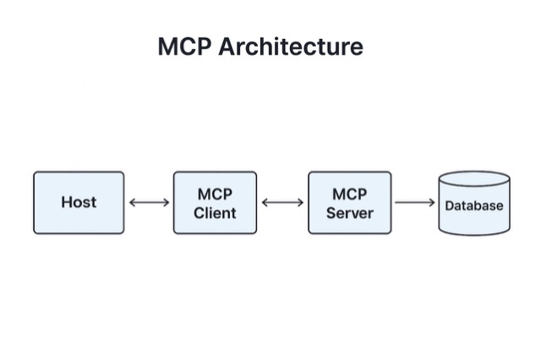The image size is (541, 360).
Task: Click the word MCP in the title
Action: (184, 46)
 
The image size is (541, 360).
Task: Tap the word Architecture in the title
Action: (290, 46)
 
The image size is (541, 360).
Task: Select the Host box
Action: (79, 203)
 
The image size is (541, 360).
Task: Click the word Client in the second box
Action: (215, 212)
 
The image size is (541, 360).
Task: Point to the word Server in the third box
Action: (349, 212)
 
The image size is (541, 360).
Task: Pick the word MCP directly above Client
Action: (215, 194)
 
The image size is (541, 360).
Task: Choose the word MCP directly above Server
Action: (349, 194)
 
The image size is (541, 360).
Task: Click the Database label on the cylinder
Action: (474, 205)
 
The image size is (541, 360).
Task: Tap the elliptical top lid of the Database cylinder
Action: (474, 179)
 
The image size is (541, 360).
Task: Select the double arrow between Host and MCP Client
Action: (149, 203)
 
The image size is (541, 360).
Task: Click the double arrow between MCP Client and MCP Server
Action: (283, 203)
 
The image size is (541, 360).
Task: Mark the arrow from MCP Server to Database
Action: (415, 203)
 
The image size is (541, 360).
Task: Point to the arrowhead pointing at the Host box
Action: (132, 203)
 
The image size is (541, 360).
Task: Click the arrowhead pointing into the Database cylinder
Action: (432, 203)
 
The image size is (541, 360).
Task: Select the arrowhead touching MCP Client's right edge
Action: (265, 203)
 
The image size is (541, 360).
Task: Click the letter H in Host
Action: (66, 203)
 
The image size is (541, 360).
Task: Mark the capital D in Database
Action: (450, 205)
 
